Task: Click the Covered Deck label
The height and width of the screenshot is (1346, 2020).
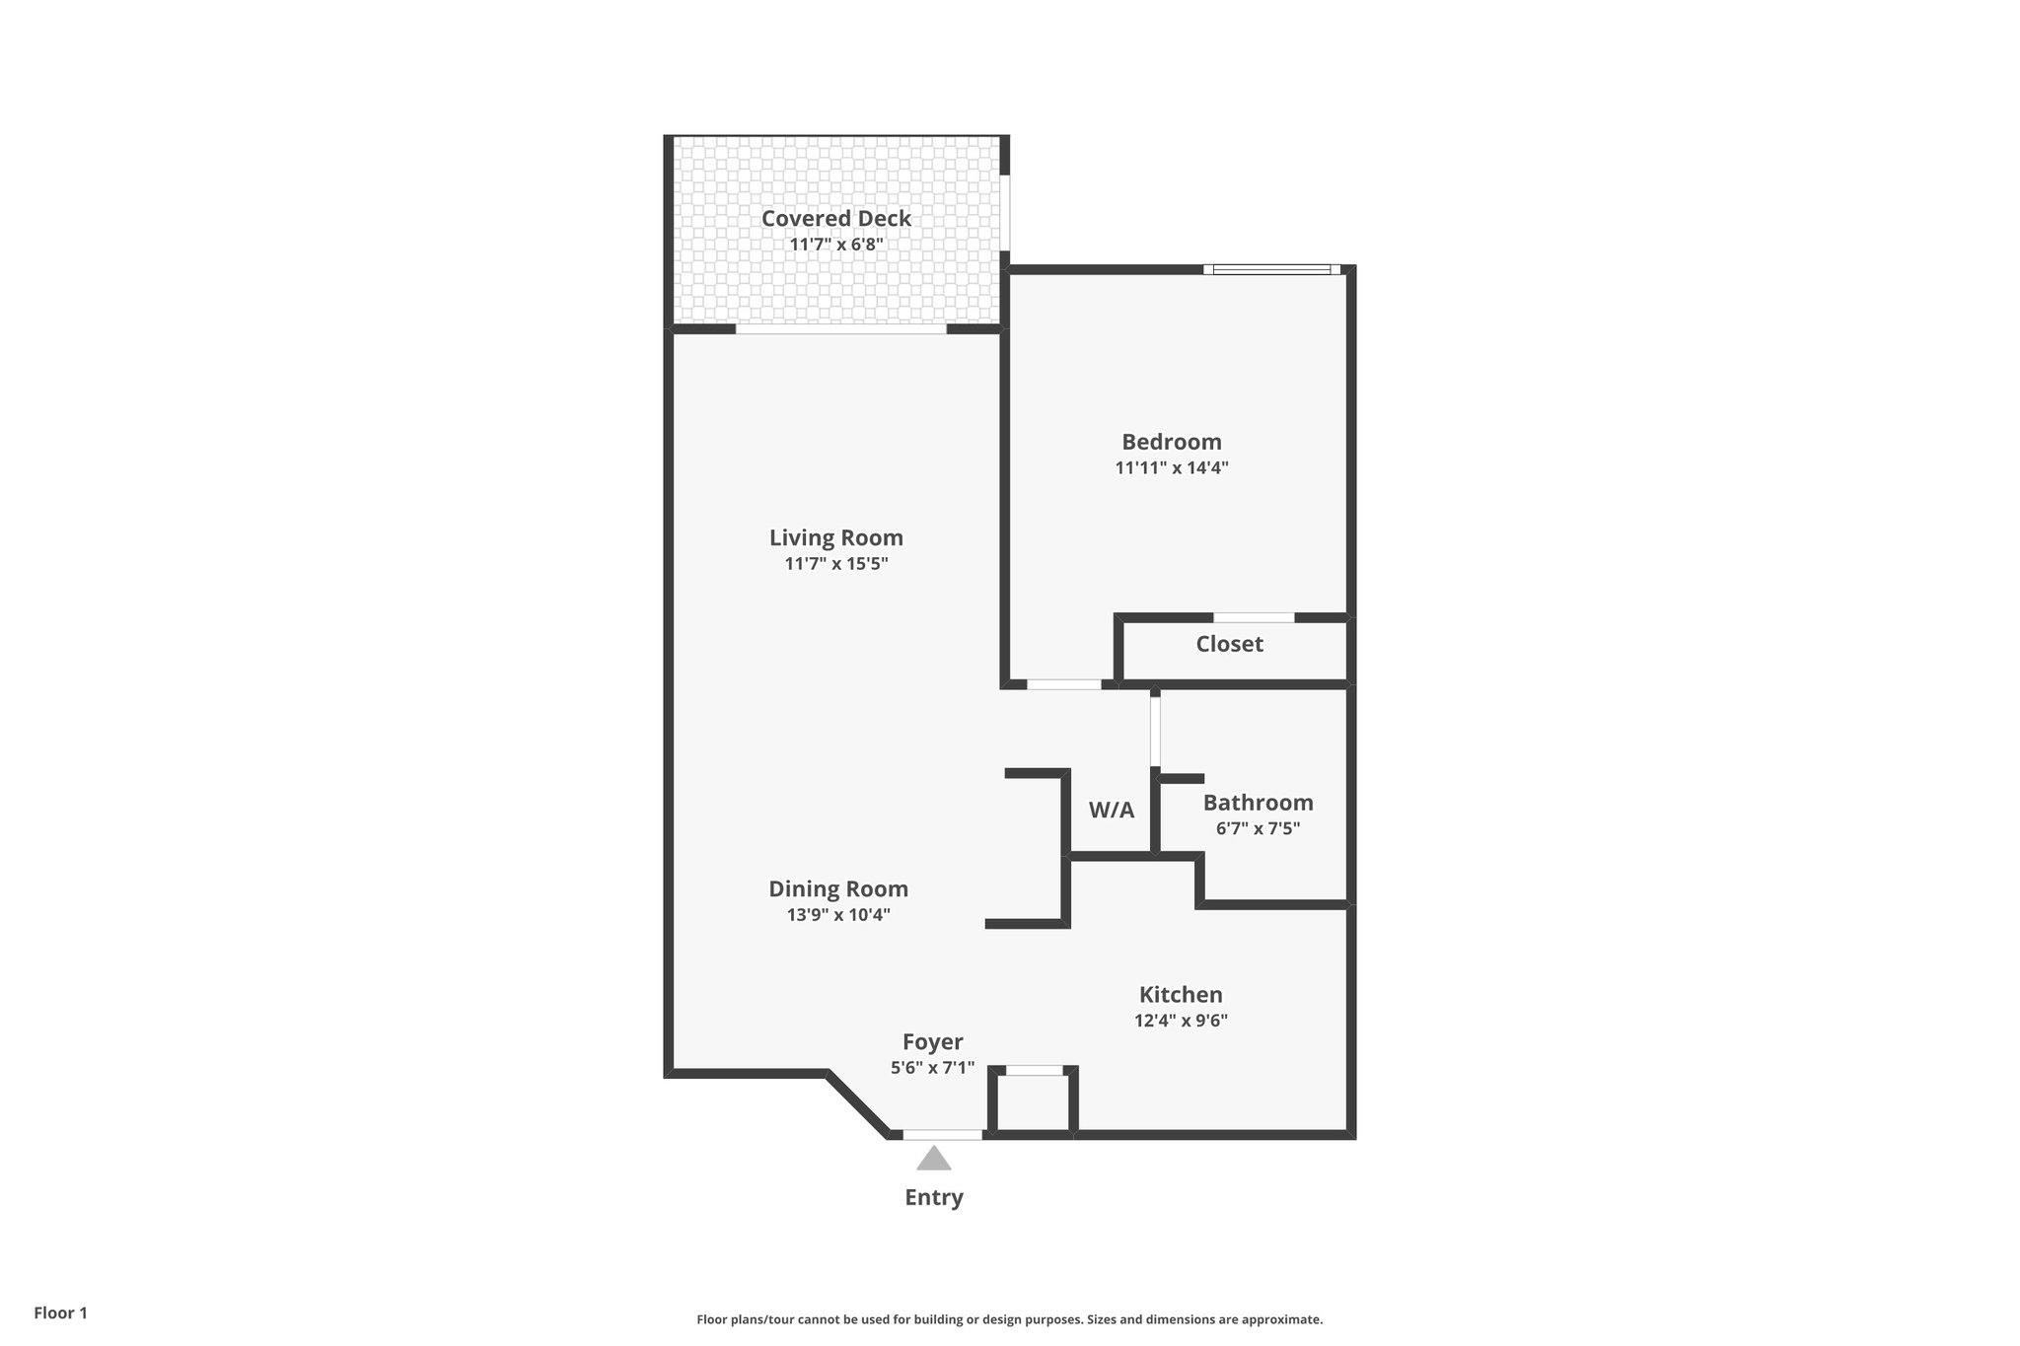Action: (x=835, y=218)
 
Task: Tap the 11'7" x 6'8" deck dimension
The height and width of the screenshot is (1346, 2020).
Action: (x=835, y=245)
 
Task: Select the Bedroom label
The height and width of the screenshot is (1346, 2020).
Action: (x=1171, y=442)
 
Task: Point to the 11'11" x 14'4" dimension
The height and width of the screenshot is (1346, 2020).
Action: (x=1171, y=468)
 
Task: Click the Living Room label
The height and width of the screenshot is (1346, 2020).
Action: (x=835, y=537)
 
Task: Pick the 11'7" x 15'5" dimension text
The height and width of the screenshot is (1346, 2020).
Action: (x=835, y=564)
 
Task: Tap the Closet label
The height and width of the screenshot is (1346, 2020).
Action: (x=1229, y=644)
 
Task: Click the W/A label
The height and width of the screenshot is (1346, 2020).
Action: (x=1111, y=811)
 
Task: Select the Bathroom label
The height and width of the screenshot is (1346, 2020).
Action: (x=1258, y=803)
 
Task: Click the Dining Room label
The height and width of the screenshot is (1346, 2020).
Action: (x=837, y=888)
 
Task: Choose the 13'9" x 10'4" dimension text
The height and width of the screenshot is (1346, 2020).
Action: (x=837, y=915)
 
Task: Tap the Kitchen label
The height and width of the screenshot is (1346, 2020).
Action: (x=1180, y=995)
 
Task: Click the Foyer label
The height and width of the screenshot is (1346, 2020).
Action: (x=932, y=1041)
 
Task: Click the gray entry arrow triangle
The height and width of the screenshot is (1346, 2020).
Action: (x=933, y=1159)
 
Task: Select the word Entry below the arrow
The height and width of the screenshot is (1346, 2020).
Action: (x=933, y=1197)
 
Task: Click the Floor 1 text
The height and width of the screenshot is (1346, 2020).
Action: (x=60, y=1312)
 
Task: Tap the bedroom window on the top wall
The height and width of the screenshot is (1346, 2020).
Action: (x=1271, y=269)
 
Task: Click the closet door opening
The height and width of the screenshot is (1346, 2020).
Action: (x=1253, y=618)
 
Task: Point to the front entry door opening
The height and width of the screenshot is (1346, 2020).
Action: (x=942, y=1135)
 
